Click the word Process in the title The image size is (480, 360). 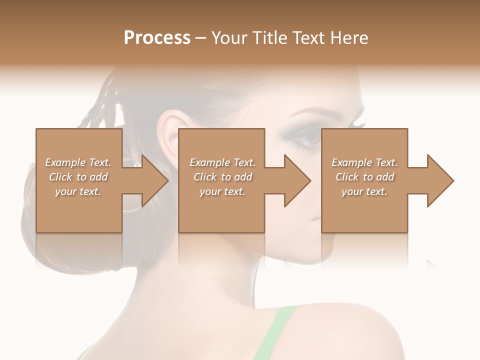coord(157,38)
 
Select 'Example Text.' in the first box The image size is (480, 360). coord(78,162)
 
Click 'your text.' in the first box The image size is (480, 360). coord(78,191)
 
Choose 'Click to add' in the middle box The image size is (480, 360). coord(222,177)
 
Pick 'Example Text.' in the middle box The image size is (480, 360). coord(222,162)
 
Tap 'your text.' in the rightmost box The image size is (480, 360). coord(364,191)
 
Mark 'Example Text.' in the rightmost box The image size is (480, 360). coord(364,162)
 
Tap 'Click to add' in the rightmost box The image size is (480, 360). coord(364,177)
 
